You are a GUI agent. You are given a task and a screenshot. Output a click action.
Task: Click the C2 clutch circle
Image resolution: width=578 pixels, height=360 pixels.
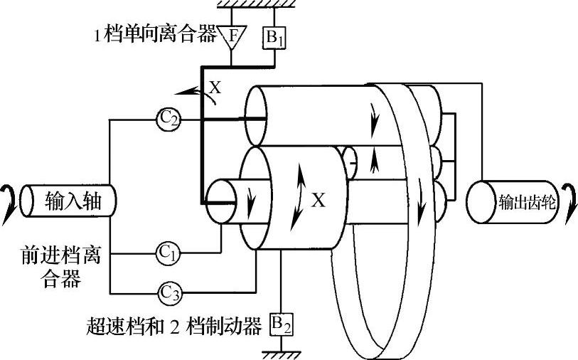pyautogui.click(x=168, y=120)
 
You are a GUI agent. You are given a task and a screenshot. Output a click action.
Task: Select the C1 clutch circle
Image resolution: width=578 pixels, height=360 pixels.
pyautogui.click(x=168, y=253)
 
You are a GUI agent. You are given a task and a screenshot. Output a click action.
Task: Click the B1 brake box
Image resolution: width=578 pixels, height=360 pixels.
pyautogui.click(x=274, y=37)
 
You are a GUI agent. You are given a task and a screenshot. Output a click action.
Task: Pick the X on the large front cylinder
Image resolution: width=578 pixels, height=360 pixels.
pyautogui.click(x=319, y=201)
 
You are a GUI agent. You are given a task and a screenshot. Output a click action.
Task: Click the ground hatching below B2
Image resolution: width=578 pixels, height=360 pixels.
pyautogui.click(x=281, y=351)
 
